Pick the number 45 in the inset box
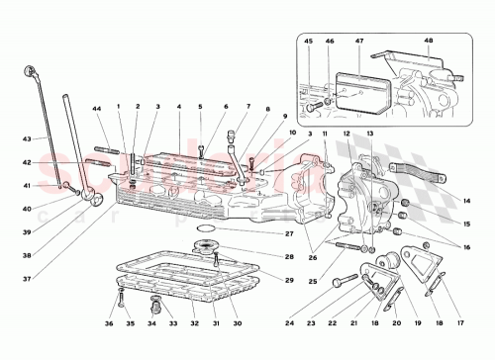click(307, 41)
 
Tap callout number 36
click(109, 322)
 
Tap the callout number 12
click(347, 133)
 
